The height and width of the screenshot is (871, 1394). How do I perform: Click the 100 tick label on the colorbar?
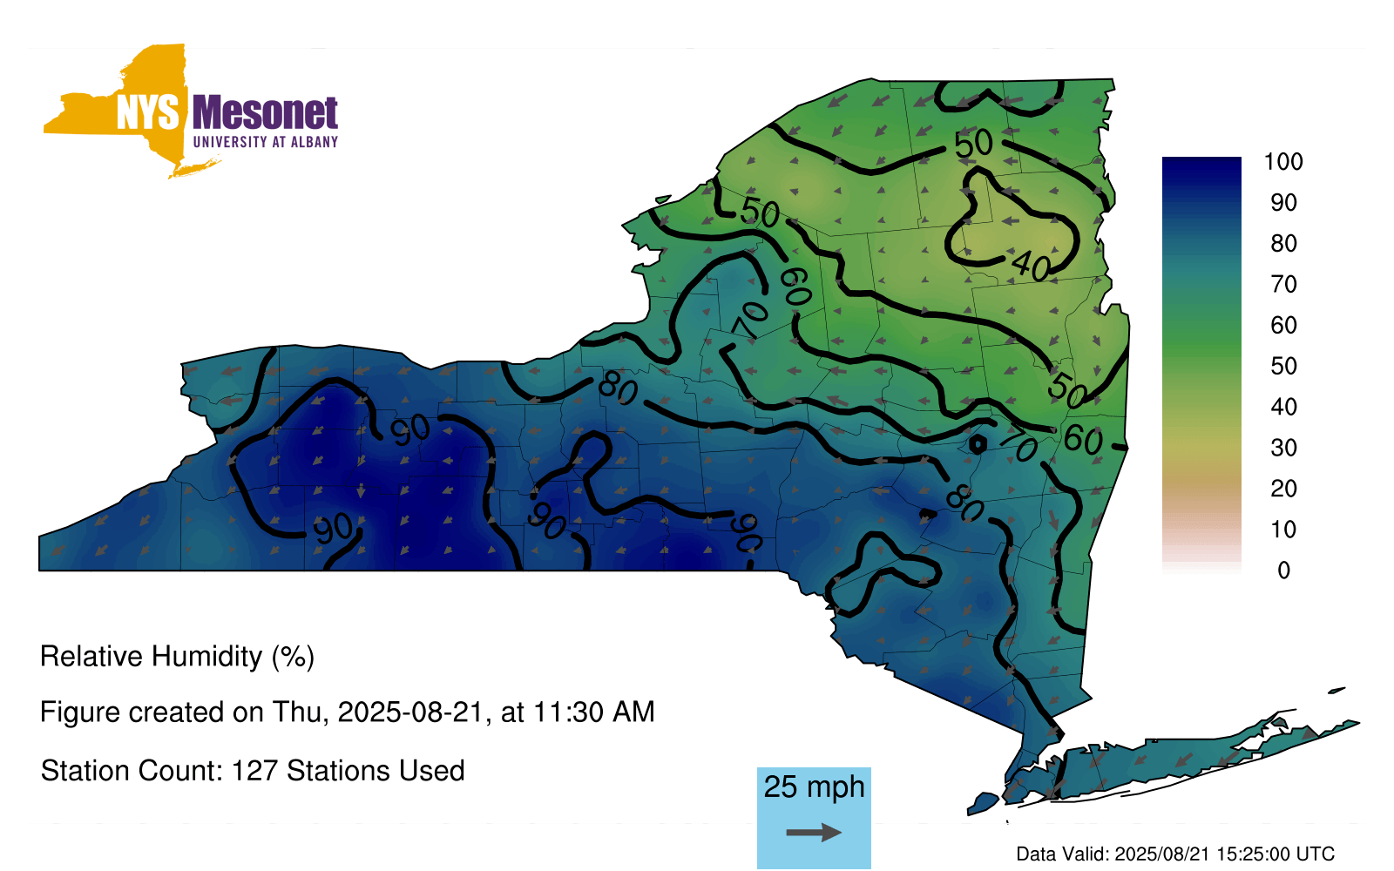[1282, 162]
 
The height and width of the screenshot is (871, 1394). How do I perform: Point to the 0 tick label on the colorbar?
[1283, 571]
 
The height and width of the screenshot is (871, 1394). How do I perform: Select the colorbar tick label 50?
[1283, 366]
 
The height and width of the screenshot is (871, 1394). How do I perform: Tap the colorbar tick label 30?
[1283, 448]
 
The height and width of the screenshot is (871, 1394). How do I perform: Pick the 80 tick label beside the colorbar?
[1283, 243]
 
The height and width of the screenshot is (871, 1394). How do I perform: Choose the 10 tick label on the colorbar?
[1283, 530]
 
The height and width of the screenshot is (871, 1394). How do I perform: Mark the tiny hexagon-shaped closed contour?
[978, 444]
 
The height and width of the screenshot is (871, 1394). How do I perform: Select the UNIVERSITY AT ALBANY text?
[265, 142]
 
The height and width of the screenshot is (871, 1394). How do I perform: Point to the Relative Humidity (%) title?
[177, 657]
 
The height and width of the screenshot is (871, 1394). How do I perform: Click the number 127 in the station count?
[254, 771]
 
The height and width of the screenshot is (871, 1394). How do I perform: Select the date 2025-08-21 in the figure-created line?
[410, 712]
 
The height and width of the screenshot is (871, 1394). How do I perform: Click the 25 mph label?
[814, 787]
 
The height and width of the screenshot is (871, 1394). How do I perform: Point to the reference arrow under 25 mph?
[814, 833]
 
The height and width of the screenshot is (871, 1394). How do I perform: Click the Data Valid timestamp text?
[1175, 854]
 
